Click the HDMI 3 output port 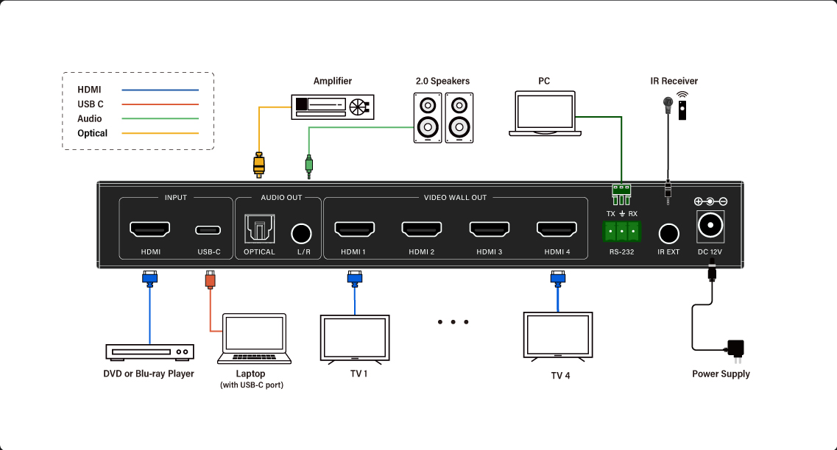pyautogui.click(x=490, y=229)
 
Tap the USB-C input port pyautogui.click(x=208, y=230)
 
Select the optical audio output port pyautogui.click(x=259, y=229)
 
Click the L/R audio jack pyautogui.click(x=302, y=234)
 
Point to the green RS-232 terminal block pyautogui.click(x=622, y=232)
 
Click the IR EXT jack pyautogui.click(x=669, y=234)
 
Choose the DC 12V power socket pyautogui.click(x=710, y=226)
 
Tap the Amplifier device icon pyautogui.click(x=333, y=107)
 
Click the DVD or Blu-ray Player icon pyautogui.click(x=150, y=352)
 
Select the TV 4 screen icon pyautogui.click(x=558, y=337)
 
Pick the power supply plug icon pyautogui.click(x=735, y=350)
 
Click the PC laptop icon pyautogui.click(x=545, y=113)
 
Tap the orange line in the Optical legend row pyautogui.click(x=160, y=133)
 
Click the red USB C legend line pyautogui.click(x=160, y=104)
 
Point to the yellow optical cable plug pyautogui.click(x=259, y=165)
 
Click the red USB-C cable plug pyautogui.click(x=211, y=280)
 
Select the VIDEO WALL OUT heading pyautogui.click(x=456, y=197)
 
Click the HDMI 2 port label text pyautogui.click(x=422, y=251)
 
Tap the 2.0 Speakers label pyautogui.click(x=442, y=81)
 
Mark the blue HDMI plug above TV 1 pyautogui.click(x=354, y=279)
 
